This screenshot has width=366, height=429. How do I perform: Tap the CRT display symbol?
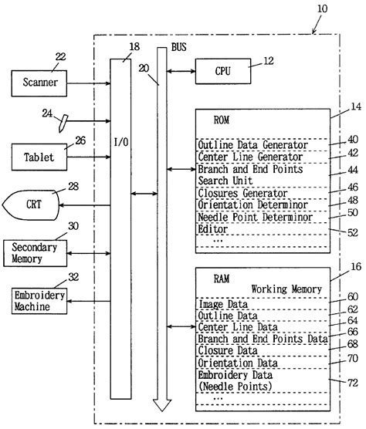[32, 205]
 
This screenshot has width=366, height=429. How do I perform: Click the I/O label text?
[120, 164]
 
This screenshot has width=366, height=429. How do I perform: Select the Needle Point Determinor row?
[252, 217]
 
